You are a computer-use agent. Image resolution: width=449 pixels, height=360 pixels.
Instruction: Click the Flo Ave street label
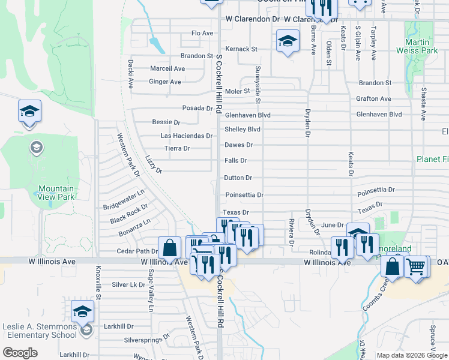tap(202, 33)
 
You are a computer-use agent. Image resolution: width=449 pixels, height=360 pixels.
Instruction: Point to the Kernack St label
tap(241, 49)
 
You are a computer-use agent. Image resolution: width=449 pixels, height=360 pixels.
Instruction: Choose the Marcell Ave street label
tap(167, 69)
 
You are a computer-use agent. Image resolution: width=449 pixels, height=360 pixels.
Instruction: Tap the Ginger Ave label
tap(164, 82)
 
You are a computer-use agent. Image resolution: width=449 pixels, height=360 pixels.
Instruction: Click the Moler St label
tap(237, 91)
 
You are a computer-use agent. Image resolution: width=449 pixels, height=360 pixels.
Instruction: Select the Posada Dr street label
tap(197, 109)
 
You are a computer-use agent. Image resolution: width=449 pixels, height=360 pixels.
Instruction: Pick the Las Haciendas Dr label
tap(186, 136)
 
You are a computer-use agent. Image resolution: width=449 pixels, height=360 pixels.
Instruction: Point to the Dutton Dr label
tap(238, 178)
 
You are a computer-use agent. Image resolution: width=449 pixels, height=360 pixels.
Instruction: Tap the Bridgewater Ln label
tap(124, 200)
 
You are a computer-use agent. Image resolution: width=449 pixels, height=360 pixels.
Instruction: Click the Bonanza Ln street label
tap(135, 227)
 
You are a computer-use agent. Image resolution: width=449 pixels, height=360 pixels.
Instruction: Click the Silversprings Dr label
tap(148, 340)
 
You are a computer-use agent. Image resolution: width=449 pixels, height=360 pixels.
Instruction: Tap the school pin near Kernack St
tap(288, 42)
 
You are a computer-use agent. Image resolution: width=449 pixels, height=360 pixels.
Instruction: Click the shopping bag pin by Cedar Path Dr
tap(170, 247)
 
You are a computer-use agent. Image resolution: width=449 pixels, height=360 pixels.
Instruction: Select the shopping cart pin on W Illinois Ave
tap(416, 266)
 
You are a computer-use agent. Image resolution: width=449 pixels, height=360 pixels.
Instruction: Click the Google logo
tap(20, 353)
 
